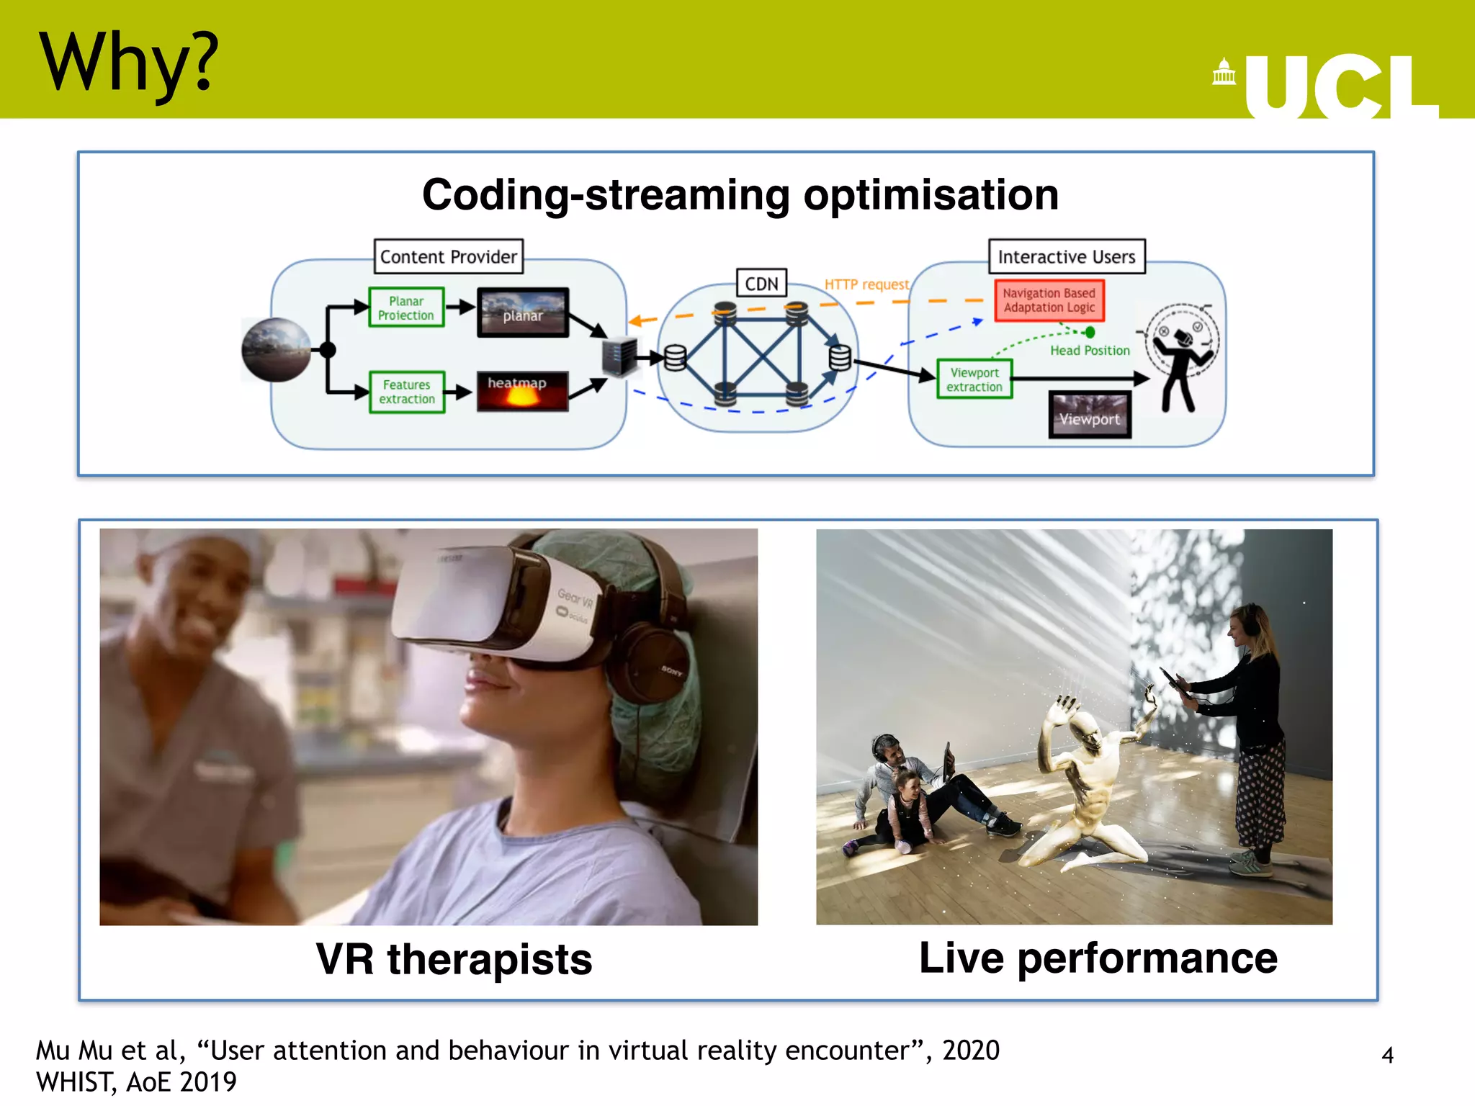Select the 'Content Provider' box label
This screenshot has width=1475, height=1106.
pyautogui.click(x=448, y=256)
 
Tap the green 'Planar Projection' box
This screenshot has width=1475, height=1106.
pyautogui.click(x=406, y=307)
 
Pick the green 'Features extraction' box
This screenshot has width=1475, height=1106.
pyautogui.click(x=407, y=392)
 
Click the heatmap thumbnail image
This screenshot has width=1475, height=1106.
pyautogui.click(x=522, y=391)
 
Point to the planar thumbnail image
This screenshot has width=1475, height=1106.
pyautogui.click(x=523, y=313)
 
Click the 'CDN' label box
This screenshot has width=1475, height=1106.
pyautogui.click(x=761, y=283)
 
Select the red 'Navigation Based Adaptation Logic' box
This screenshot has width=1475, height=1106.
pyautogui.click(x=1049, y=300)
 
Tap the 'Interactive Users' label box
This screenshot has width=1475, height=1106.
pyautogui.click(x=1066, y=256)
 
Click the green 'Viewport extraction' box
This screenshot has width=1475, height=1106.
pyautogui.click(x=974, y=379)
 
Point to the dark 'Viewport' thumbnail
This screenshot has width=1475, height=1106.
pyautogui.click(x=1090, y=415)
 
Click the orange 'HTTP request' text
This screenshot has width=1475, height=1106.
pyautogui.click(x=866, y=284)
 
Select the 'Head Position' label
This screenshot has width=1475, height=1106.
pyautogui.click(x=1090, y=351)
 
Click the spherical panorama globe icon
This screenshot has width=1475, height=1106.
pyautogui.click(x=276, y=349)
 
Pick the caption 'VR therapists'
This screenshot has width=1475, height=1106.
pyautogui.click(x=454, y=959)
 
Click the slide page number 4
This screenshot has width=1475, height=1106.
pyautogui.click(x=1387, y=1055)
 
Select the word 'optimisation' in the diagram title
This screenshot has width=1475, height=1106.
pyautogui.click(x=931, y=194)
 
